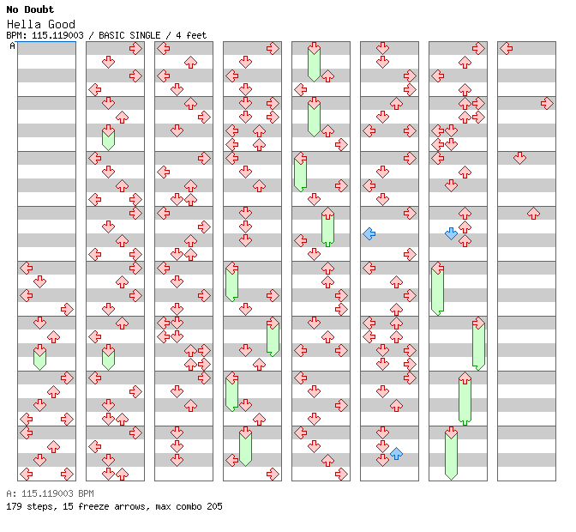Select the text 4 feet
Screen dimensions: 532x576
(x=190, y=35)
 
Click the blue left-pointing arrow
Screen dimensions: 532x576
(x=369, y=233)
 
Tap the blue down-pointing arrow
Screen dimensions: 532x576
(x=451, y=233)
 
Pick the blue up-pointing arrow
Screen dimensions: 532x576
(x=396, y=453)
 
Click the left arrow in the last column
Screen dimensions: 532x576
(x=506, y=48)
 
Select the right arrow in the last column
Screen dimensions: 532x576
(x=547, y=103)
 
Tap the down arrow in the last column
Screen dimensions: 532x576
(x=519, y=158)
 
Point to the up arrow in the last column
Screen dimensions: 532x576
(x=533, y=213)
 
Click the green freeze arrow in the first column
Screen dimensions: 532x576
(x=39, y=357)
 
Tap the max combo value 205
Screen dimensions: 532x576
(x=213, y=506)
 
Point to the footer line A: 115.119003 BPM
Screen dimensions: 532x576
(x=50, y=494)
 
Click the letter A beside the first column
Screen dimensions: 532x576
(x=12, y=46)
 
